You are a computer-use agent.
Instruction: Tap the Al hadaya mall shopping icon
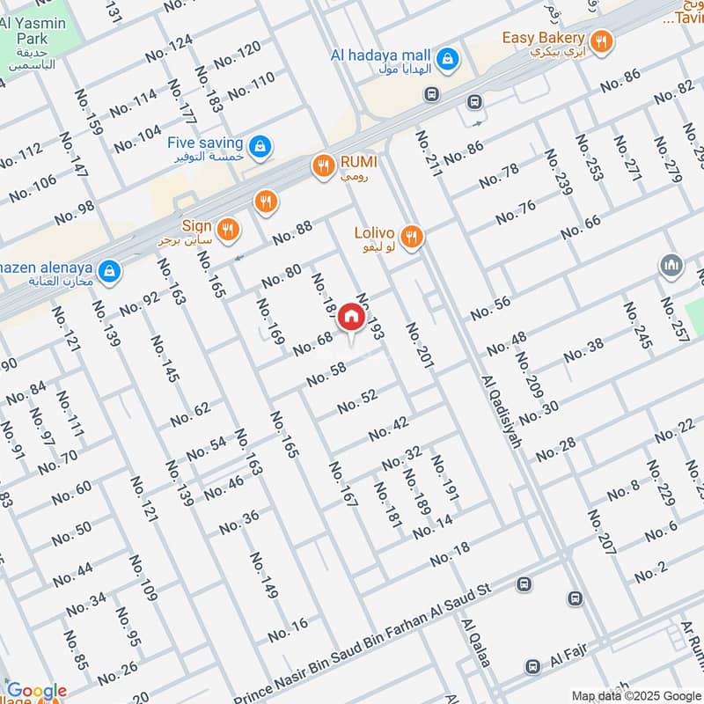(x=449, y=56)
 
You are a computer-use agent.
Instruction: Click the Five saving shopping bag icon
(x=259, y=144)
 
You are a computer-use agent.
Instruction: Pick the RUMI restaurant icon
(x=324, y=165)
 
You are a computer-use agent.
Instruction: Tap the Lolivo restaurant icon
(x=410, y=235)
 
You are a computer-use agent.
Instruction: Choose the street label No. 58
(x=326, y=375)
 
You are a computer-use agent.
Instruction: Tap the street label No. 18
(x=451, y=556)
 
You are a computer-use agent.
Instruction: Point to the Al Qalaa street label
(x=475, y=642)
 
